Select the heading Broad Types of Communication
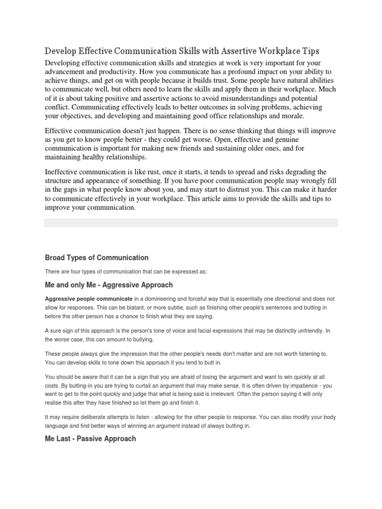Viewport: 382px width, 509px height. pyautogui.click(x=96, y=257)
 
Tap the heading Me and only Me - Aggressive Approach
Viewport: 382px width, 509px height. pyautogui.click(x=109, y=285)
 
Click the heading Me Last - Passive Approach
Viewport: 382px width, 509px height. pyautogui.click(x=90, y=439)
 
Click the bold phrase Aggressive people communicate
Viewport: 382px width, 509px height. pyautogui.click(x=89, y=299)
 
